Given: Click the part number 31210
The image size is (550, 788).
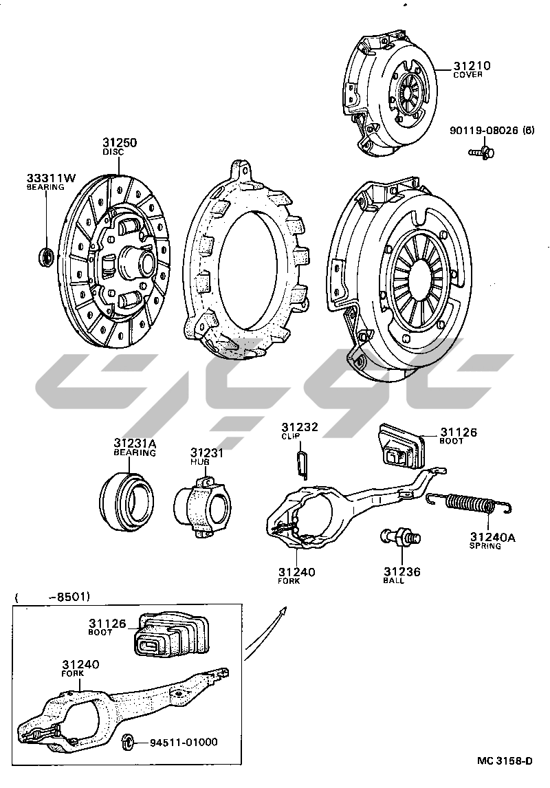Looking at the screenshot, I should (472, 66).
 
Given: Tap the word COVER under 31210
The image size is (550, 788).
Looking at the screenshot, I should (467, 75).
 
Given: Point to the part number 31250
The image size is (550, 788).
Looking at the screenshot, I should (120, 143).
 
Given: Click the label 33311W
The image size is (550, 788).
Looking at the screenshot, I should (47, 177).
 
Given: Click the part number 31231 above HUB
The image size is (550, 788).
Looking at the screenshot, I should (207, 453).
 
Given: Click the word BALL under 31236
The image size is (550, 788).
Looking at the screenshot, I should (394, 581).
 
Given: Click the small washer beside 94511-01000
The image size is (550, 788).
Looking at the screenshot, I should (126, 742).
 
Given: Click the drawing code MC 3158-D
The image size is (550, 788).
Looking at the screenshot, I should (505, 761).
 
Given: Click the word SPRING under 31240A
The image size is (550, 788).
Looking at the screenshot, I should (485, 546).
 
